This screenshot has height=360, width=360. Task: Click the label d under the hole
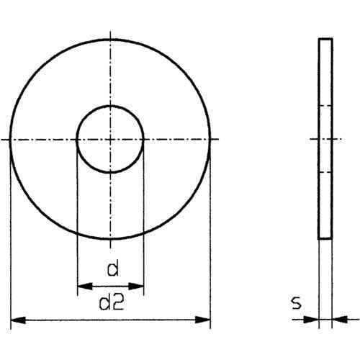pos(112,270)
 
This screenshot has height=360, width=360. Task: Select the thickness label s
pos(296,304)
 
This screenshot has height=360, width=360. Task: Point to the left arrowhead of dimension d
pos(81,286)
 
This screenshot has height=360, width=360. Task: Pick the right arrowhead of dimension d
pos(139,286)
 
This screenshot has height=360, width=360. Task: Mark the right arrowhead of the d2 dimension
pos(205,318)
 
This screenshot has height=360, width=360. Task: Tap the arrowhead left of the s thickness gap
pos(313,318)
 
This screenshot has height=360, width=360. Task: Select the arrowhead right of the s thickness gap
pos(338,318)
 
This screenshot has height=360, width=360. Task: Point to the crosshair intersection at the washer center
pos(111,138)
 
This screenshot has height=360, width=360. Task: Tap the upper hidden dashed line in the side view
pos(325,105)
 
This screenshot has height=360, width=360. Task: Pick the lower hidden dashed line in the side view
pos(325,171)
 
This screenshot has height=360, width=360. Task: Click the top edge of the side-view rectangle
pos(325,40)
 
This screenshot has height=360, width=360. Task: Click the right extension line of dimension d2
pos(211,238)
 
